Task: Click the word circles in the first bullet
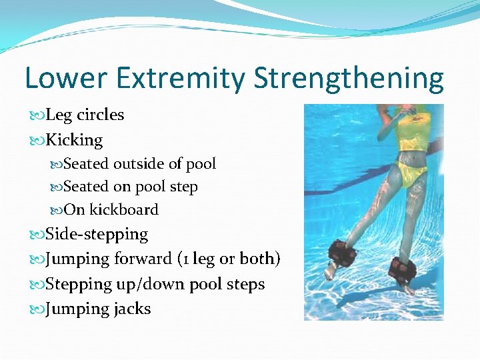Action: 100,115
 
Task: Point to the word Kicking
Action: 74,140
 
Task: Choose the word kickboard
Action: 124,210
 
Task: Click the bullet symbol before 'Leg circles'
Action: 36,115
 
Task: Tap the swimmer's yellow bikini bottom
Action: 406,174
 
